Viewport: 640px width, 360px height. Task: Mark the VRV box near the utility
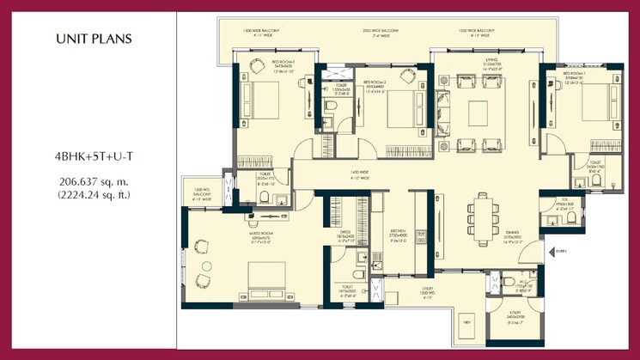[x=467, y=321]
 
